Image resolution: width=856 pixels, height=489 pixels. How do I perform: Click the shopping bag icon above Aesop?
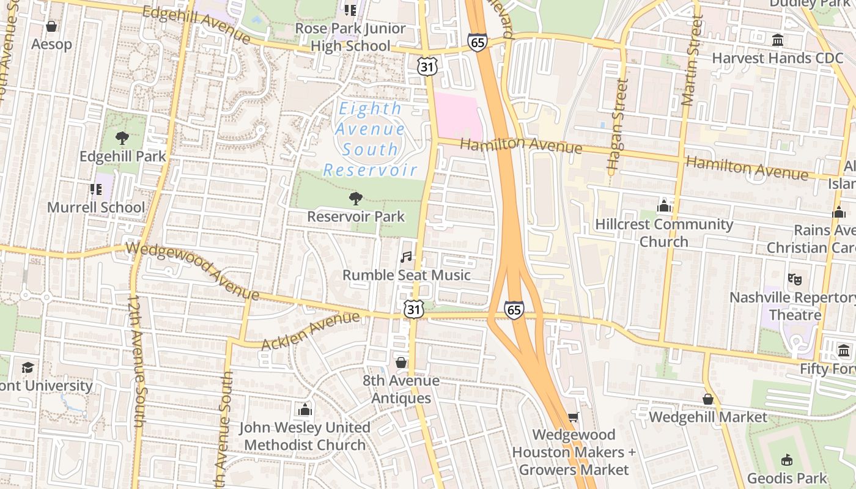coord(51,26)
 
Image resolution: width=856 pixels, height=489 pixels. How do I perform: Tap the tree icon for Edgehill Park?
coord(122,138)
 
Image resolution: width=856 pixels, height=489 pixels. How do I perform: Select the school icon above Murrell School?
coord(96,189)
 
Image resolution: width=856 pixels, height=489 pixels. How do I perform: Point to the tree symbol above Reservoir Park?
coord(355,198)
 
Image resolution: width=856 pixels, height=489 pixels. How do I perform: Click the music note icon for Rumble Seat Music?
coord(406,257)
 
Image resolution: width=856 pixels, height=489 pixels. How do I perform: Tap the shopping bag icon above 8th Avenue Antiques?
coord(401,362)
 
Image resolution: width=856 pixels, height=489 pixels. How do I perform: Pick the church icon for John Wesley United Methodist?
coord(304,409)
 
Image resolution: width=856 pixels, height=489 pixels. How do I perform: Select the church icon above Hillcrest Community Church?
coord(664,206)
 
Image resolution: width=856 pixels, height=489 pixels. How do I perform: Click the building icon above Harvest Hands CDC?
coord(778,40)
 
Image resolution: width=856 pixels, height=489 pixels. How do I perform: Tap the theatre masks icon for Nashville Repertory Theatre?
coord(795,279)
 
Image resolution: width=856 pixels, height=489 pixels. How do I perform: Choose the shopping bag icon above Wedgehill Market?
coord(708,399)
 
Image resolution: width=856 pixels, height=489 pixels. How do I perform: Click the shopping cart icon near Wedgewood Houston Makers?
coord(573,417)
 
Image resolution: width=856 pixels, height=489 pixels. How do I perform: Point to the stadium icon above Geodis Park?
coord(787,460)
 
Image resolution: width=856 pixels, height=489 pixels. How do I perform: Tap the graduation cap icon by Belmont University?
coord(28,367)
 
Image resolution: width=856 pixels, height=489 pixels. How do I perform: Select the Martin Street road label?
coord(692,61)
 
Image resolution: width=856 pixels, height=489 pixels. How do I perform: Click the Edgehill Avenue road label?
coord(196,24)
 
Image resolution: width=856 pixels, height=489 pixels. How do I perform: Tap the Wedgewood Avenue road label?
coord(193,271)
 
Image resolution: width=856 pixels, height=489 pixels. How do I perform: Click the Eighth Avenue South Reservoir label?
coord(371,139)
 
